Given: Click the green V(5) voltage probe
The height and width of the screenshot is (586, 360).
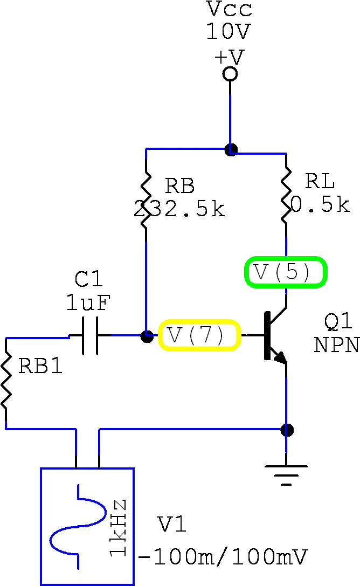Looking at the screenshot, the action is tap(286, 272).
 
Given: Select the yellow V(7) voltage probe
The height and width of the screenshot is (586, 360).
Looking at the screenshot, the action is tap(199, 335).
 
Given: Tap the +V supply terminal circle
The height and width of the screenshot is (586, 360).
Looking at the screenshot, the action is tap(230, 74).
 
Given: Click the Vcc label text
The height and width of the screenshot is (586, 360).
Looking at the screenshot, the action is tap(230, 9).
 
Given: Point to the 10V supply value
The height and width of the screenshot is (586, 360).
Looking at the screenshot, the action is tap(228, 31).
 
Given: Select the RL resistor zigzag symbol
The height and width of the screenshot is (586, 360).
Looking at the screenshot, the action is tap(286, 196).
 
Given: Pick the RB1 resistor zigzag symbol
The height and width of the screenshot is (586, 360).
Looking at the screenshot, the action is tap(6, 381).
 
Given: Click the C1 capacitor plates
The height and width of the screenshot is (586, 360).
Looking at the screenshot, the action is tap(89, 336).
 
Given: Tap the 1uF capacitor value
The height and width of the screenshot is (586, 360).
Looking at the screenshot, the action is tap(88, 302).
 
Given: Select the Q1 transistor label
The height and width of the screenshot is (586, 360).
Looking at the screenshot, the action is tap(338, 322).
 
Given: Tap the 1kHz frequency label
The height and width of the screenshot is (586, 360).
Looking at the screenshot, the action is tap(118, 528).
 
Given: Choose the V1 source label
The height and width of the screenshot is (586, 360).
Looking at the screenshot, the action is tap(172, 525).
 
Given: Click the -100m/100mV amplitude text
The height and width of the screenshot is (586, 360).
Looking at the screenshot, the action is tap(223, 557).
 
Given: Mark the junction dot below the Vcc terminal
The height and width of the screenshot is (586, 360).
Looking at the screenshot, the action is tap(231, 149).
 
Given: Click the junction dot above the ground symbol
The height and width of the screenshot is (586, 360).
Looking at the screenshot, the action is tap(287, 430).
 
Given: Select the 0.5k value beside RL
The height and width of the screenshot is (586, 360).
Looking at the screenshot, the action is tap(321, 204).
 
